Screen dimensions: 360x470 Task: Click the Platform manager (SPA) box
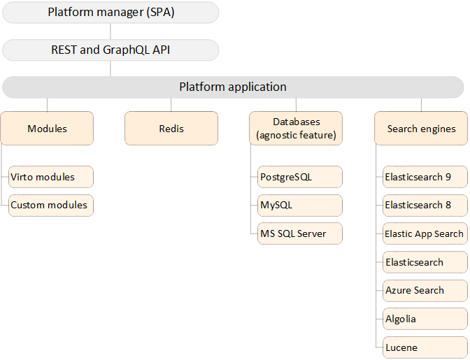(x=111, y=13)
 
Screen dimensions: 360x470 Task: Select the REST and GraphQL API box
(x=111, y=50)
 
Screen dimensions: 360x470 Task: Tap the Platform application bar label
(x=232, y=87)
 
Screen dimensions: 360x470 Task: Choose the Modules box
(x=47, y=129)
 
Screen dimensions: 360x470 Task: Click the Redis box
(x=171, y=129)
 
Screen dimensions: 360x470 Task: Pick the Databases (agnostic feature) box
(x=296, y=129)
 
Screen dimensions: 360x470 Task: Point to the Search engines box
(x=421, y=129)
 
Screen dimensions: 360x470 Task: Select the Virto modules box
(x=50, y=177)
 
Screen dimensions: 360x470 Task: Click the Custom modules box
(x=50, y=205)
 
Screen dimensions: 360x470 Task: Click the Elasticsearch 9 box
(x=425, y=177)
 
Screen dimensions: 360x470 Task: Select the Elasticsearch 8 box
(x=425, y=206)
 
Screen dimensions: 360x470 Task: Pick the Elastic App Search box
(x=425, y=233)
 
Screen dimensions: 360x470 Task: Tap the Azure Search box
(x=425, y=290)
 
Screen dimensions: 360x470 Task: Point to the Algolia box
(x=425, y=319)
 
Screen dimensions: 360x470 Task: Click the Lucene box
(x=425, y=347)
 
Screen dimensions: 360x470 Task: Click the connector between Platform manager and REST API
(x=111, y=31)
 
